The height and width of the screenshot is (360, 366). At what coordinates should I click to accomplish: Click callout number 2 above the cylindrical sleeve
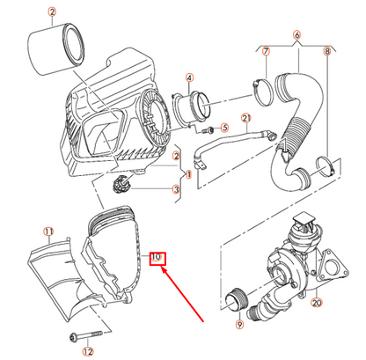coord(52,12)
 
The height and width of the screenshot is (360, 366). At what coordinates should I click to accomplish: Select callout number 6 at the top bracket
coord(297,35)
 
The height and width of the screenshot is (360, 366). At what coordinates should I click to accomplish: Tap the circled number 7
coord(266,51)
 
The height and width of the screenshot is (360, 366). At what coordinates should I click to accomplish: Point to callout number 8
coord(327,51)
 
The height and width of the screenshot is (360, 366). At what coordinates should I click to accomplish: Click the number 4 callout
coord(189,77)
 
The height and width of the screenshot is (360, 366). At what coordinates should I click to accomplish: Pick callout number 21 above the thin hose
coord(246,118)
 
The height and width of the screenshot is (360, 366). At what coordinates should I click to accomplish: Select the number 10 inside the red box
coord(156,257)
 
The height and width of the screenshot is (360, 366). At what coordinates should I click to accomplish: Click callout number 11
coord(48,231)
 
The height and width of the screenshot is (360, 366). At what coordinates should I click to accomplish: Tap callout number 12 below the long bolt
coord(88,351)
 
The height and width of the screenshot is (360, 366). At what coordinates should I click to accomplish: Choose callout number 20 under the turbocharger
coord(317,302)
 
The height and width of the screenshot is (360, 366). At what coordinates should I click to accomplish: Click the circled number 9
coord(239,324)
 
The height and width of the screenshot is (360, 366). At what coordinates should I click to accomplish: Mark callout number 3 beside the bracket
coord(176,189)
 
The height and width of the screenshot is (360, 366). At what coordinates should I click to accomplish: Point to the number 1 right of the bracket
coord(188,174)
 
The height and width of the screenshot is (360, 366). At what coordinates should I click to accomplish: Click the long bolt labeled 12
coord(86,335)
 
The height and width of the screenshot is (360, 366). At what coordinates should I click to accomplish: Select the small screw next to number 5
coord(208,129)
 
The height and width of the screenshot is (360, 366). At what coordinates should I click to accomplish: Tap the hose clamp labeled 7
coord(262,92)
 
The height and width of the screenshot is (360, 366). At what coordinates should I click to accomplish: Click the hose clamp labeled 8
coord(325,167)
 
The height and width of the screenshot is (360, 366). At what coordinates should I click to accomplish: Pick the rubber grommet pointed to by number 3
coord(121,184)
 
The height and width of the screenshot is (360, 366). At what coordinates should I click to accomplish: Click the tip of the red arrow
coord(162,268)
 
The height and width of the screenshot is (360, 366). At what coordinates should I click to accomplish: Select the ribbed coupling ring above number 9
coord(237,300)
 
